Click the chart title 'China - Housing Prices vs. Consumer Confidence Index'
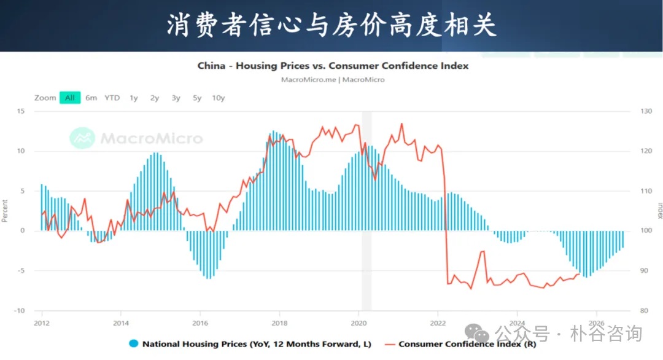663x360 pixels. [333, 66]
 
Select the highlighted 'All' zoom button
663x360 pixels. [70, 98]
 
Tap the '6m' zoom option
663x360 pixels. [91, 98]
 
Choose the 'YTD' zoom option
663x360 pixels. [112, 98]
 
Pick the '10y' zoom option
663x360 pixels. [218, 98]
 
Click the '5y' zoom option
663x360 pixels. [196, 98]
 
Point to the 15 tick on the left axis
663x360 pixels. [21, 111]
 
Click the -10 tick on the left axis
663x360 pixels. [20, 310]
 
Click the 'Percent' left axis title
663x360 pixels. [5, 211]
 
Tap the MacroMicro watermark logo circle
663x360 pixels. [82, 138]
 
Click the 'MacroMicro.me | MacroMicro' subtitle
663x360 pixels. [333, 80]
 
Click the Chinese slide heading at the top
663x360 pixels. [331, 26]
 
